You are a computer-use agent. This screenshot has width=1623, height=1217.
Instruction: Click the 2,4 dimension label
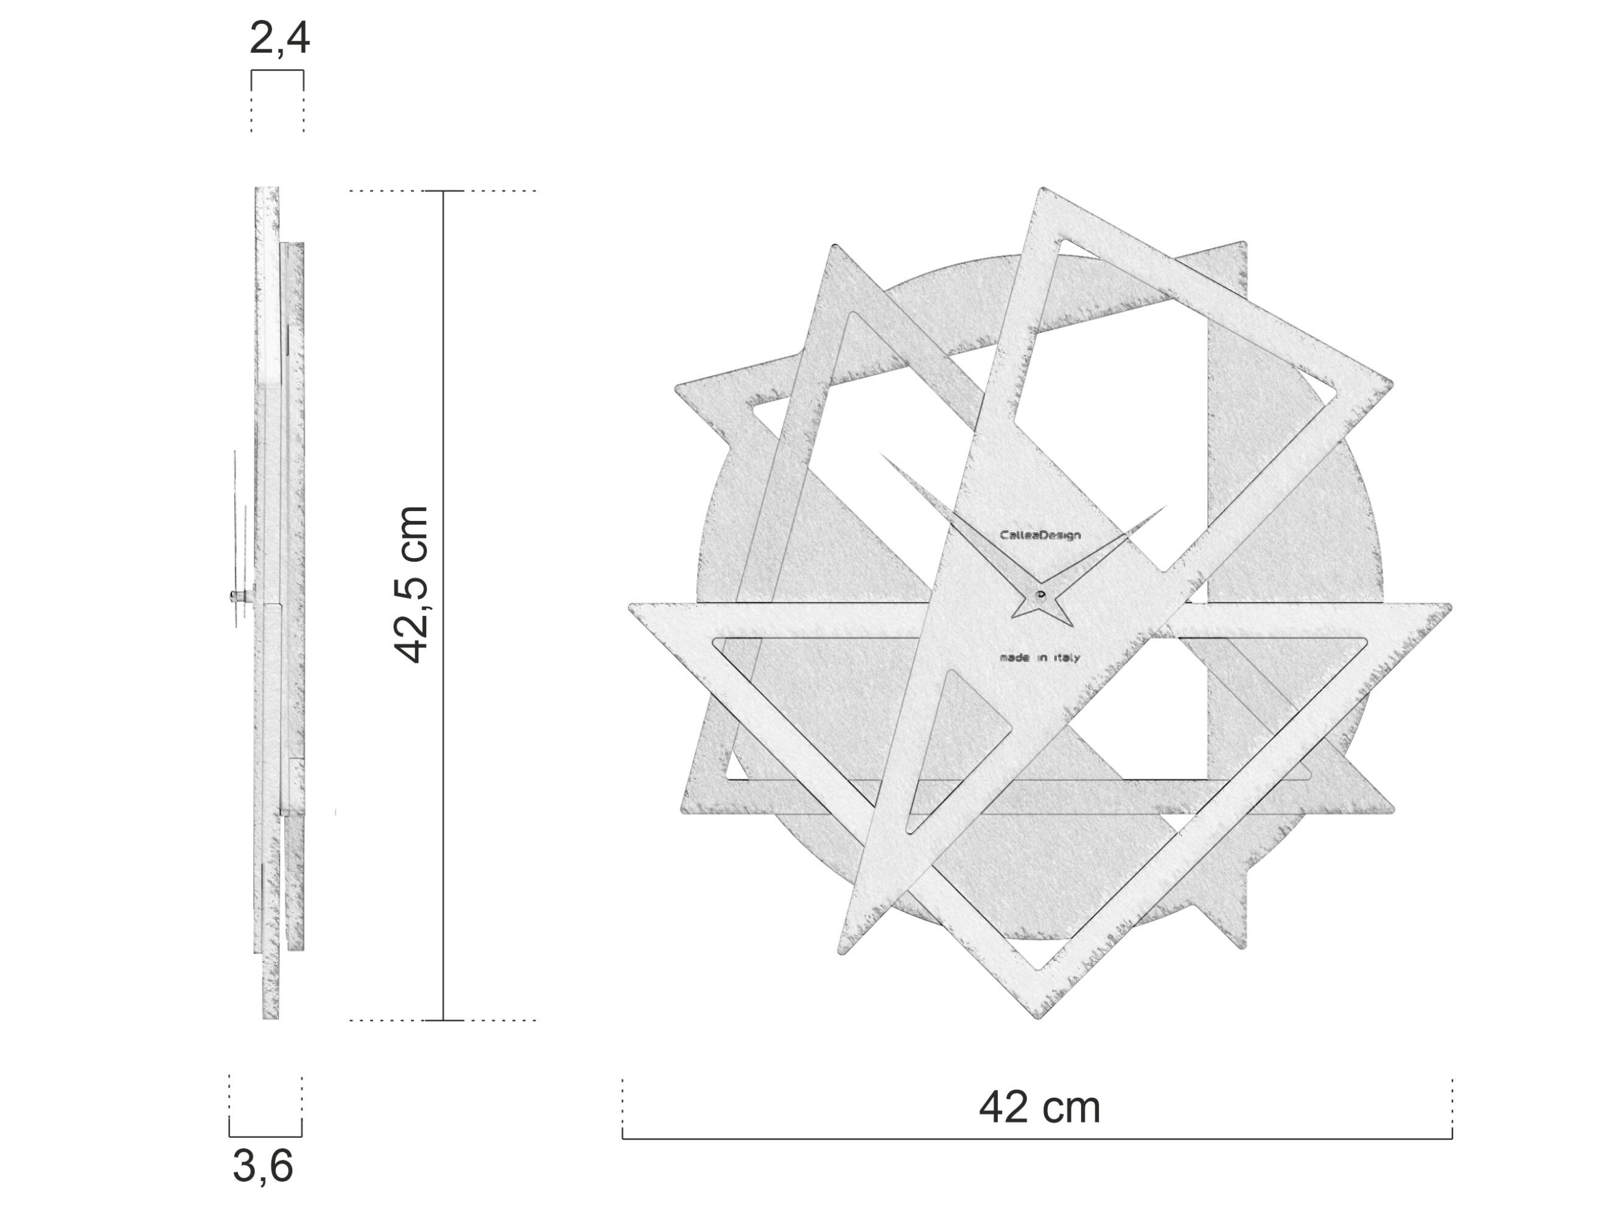tap(279, 39)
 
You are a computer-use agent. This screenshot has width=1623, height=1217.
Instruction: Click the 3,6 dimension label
tap(262, 1166)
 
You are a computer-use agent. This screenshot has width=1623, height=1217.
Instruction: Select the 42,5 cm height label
tap(412, 585)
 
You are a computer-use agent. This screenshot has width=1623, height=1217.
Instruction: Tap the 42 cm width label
tap(1039, 1107)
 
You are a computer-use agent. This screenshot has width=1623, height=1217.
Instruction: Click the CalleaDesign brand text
tap(1040, 535)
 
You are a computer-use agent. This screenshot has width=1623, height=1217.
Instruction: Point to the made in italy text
tap(1039, 658)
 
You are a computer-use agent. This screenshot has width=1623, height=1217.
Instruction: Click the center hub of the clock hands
tap(1040, 593)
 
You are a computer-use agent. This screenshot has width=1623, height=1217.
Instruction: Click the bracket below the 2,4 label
tap(278, 71)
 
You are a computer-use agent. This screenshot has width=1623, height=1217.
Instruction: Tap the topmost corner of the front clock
tap(1041, 189)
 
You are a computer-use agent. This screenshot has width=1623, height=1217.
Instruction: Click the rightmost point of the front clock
tap(1450, 607)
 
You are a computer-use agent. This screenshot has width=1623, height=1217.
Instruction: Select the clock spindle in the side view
tap(240, 595)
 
